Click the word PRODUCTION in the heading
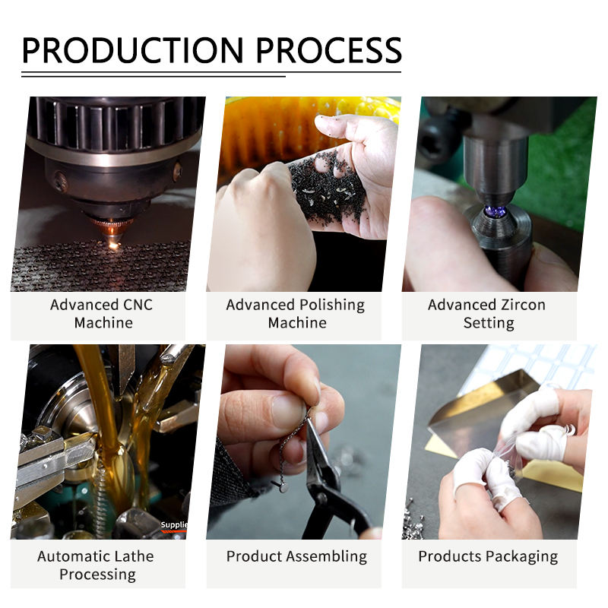[132, 50]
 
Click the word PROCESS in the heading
[329, 50]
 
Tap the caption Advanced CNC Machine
[102, 314]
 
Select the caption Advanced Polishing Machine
[296, 314]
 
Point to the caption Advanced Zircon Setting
[487, 314]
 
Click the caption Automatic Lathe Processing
[96, 565]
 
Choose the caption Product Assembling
[296, 557]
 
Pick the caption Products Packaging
[488, 557]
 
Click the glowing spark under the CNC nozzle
[113, 244]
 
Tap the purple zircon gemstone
[496, 212]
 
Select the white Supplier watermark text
[174, 524]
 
